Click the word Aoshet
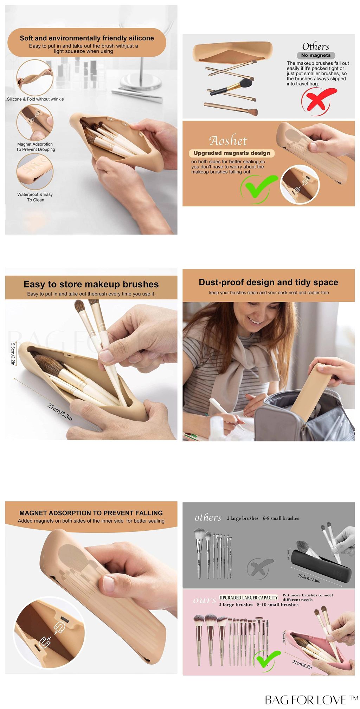tap(229, 141)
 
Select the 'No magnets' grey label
tap(316, 55)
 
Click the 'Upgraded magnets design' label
tap(232, 153)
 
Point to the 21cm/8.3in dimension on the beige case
tap(60, 412)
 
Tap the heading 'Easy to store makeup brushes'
tap(91, 284)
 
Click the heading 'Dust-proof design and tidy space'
tap(268, 282)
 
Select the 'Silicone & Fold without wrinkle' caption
tap(36, 99)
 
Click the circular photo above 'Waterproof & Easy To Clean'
tap(35, 172)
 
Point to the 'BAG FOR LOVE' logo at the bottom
tap(311, 700)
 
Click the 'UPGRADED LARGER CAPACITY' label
tap(249, 598)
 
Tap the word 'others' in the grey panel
tap(208, 518)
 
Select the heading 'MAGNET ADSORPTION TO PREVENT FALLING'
tap(91, 513)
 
